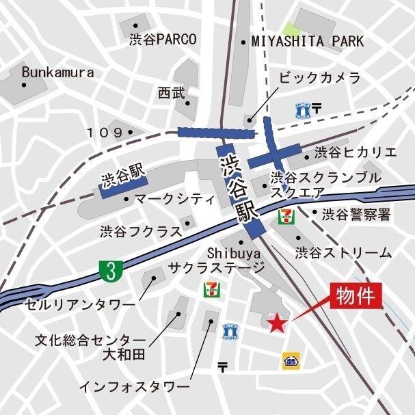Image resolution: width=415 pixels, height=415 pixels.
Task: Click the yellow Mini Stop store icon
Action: (290, 360)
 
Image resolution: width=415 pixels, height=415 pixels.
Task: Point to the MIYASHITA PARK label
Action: (308, 42)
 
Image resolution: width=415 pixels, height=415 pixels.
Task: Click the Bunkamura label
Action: (51, 71)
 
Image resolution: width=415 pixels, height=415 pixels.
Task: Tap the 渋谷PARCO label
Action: (163, 40)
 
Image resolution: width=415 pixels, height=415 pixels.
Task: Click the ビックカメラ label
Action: (319, 78)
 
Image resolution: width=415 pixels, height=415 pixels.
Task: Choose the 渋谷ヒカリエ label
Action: (355, 152)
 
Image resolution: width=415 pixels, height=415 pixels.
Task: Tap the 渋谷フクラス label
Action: (141, 231)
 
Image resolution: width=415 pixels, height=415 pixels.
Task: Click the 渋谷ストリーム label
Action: (343, 253)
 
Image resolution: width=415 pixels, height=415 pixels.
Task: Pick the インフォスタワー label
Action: (133, 387)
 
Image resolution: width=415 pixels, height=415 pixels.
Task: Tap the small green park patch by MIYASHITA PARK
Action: (292, 29)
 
